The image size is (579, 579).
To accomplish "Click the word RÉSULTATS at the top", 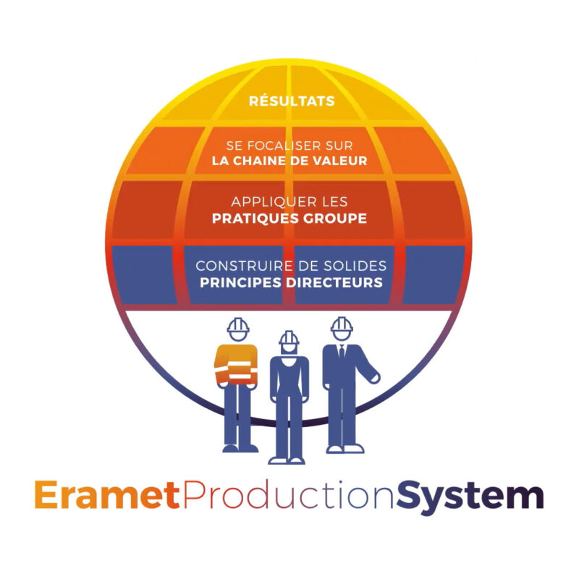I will click(292, 101).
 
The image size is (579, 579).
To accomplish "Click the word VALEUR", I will click(339, 161).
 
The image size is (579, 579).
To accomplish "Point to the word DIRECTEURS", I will click(335, 282).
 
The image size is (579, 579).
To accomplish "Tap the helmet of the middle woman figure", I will click(289, 337).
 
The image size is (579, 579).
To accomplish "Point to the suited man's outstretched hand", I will click(373, 376).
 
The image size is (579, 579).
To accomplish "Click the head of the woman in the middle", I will click(289, 348).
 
